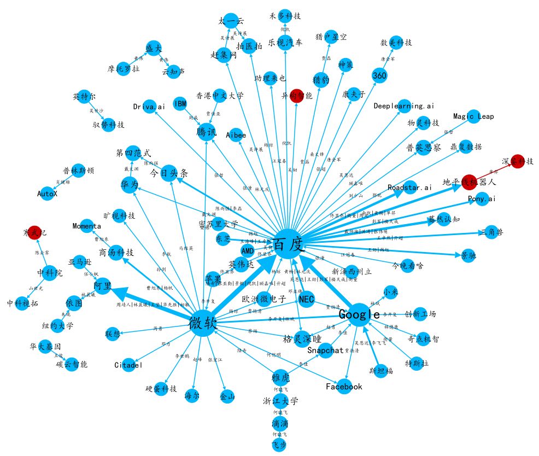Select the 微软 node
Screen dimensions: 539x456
click(203, 322)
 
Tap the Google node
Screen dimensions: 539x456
click(359, 314)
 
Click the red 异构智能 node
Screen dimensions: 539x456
click(297, 96)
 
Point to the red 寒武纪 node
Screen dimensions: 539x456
click(35, 232)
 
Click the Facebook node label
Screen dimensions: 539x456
click(344, 387)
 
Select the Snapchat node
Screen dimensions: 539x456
click(325, 350)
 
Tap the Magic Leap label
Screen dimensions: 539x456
click(474, 116)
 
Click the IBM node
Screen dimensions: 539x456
click(180, 103)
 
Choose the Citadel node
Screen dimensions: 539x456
click(129, 365)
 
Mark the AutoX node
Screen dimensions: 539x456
click(47, 194)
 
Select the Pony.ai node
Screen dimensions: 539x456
click(482, 199)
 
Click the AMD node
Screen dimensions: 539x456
click(248, 250)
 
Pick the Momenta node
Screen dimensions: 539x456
click(87, 226)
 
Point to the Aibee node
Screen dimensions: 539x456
click(236, 135)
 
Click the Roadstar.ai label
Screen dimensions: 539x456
click(409, 188)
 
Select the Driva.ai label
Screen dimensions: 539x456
click(149, 107)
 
